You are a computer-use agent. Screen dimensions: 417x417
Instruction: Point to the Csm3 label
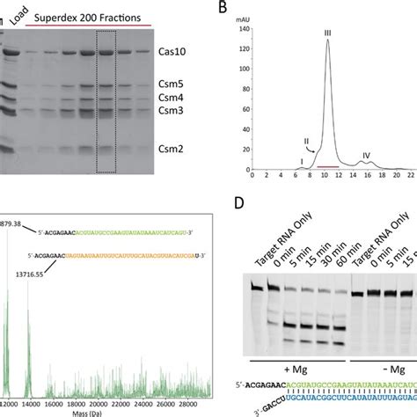(x=171, y=111)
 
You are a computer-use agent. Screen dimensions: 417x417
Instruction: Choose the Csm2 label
(x=171, y=150)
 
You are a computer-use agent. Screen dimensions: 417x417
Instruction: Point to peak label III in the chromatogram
(x=327, y=32)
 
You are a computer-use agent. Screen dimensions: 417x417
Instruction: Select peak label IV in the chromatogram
(x=367, y=156)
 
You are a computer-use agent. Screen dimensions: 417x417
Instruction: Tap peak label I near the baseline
(x=300, y=160)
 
